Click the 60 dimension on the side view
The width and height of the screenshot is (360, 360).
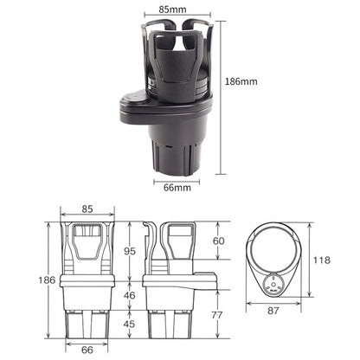[218, 241]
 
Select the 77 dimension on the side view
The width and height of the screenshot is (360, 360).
[218, 315]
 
